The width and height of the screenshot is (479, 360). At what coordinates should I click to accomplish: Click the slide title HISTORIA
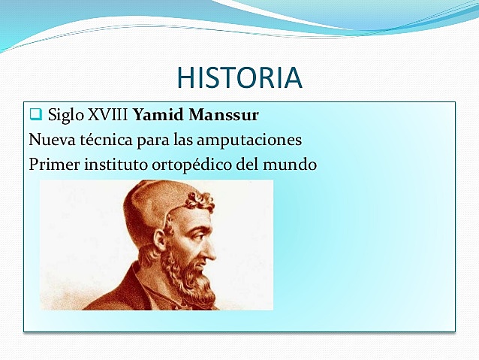click(x=239, y=77)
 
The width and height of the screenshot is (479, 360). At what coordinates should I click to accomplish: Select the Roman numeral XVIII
click(x=108, y=116)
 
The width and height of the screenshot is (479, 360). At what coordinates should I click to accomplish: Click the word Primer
click(x=52, y=164)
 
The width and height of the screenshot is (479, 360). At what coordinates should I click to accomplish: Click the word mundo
click(x=290, y=164)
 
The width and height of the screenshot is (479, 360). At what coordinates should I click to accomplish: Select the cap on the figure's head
click(x=154, y=203)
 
